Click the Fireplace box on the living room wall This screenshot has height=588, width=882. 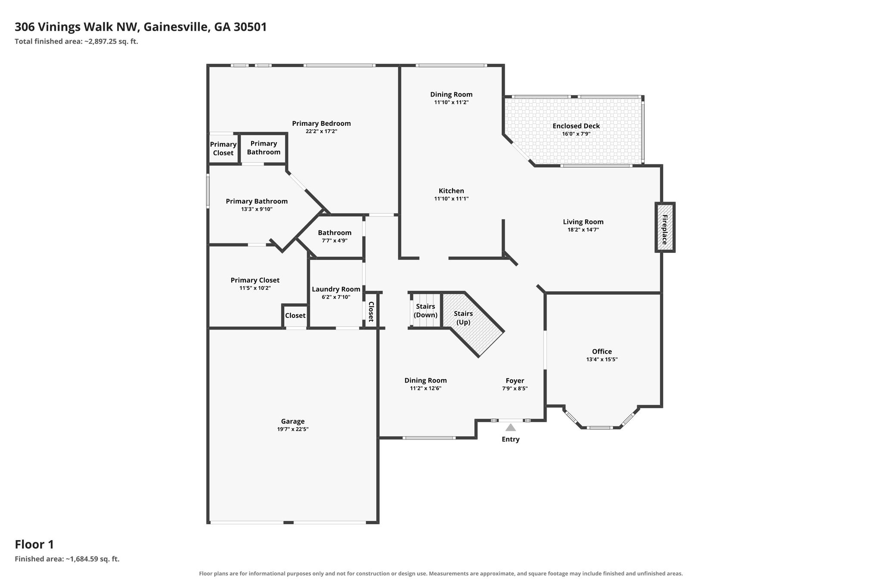point(665,227)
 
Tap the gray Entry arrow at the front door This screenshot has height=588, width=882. point(510,427)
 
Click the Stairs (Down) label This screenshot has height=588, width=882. point(425,311)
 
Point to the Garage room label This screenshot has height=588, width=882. point(293,421)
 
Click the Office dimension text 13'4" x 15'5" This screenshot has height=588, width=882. point(602,359)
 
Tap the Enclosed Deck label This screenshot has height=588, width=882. point(576,126)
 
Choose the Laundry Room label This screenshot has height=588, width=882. point(336,289)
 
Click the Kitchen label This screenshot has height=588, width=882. point(451,191)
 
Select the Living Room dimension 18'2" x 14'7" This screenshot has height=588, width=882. point(583,230)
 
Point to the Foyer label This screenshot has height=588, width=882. point(515,380)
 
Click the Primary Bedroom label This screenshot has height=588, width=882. point(321,123)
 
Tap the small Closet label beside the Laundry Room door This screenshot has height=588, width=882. point(295,315)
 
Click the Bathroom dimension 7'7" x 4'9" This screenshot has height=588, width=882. point(335,240)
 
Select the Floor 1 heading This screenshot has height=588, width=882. point(34,544)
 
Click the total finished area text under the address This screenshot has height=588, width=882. point(76,41)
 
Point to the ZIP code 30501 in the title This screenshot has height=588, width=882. point(250,27)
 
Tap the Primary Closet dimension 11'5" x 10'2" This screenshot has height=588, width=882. point(255,288)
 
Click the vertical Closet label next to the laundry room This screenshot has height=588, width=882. point(371,311)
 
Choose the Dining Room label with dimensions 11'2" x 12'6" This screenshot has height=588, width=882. point(425,380)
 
